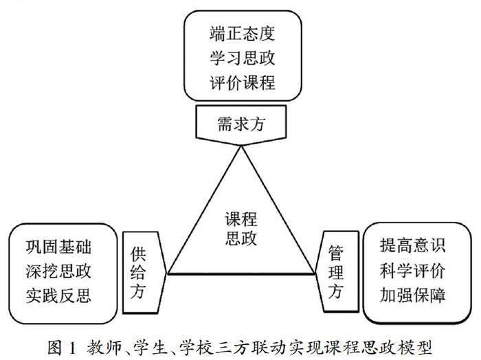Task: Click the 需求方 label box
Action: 240,124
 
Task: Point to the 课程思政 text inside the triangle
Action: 241,228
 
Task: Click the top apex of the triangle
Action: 240,146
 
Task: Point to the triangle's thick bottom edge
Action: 240,273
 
